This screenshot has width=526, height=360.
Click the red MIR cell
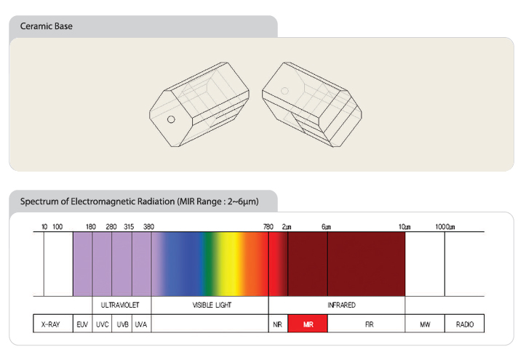tap(308, 324)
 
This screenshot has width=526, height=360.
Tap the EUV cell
tap(82, 324)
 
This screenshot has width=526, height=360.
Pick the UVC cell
tap(102, 324)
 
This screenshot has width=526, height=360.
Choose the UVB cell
tap(122, 324)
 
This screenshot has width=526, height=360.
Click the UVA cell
tap(142, 324)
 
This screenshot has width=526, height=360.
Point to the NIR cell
tap(278, 324)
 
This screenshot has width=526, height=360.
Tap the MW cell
tap(425, 324)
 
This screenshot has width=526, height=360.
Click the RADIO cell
tap(465, 324)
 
